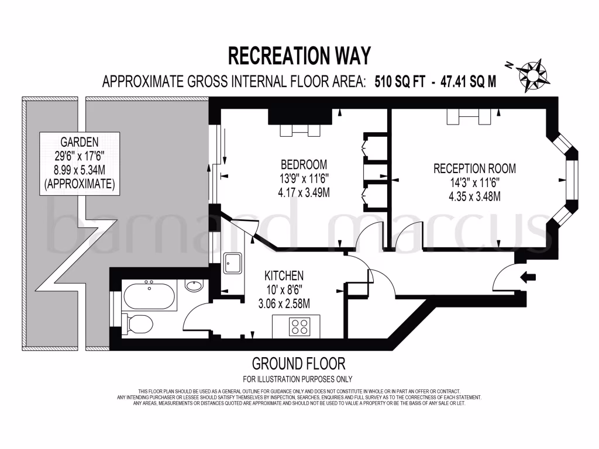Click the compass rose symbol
(x=532, y=75)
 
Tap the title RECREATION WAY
(x=299, y=56)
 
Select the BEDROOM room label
(x=304, y=164)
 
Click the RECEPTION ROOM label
(x=474, y=168)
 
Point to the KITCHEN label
(x=284, y=275)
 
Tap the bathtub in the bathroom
(x=150, y=295)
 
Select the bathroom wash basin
(x=194, y=286)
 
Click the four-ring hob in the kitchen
(x=300, y=326)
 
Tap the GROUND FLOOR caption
(x=298, y=364)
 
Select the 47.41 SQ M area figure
(x=468, y=82)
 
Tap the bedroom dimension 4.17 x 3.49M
(x=304, y=192)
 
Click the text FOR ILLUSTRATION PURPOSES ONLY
(x=298, y=379)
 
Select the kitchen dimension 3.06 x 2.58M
(x=284, y=303)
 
